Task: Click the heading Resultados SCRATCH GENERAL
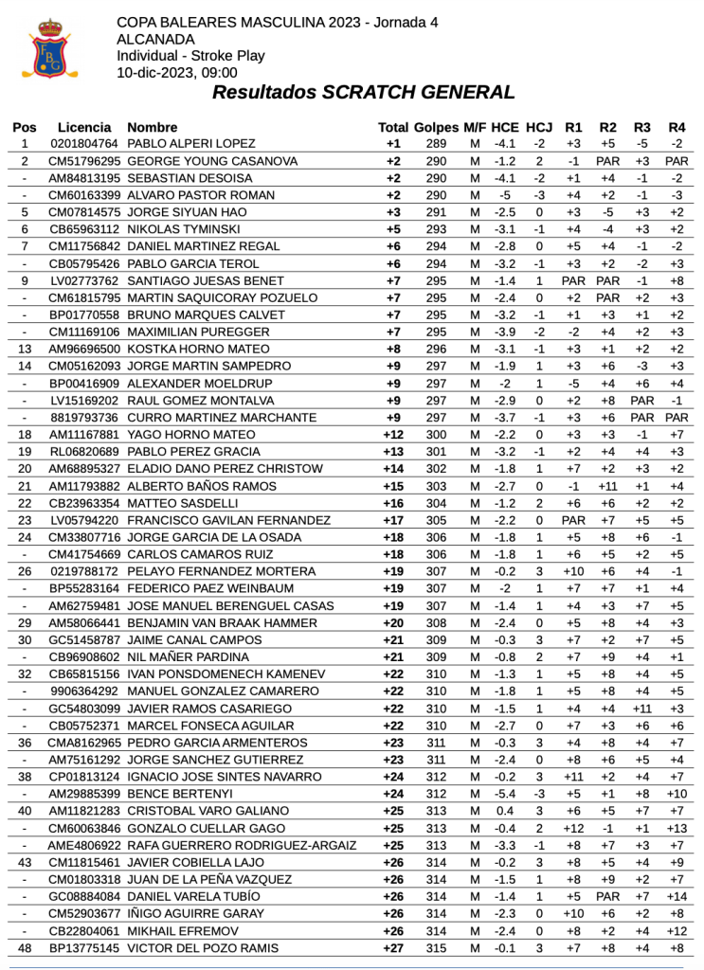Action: coord(364,93)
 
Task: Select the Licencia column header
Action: coord(84,127)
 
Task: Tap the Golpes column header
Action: coord(436,127)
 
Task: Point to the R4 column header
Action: coord(677,127)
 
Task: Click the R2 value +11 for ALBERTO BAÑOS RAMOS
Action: coord(608,486)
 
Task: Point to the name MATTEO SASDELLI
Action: coord(180,503)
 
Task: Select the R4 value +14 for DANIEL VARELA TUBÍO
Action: coord(677,896)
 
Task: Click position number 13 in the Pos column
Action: coord(25,350)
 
